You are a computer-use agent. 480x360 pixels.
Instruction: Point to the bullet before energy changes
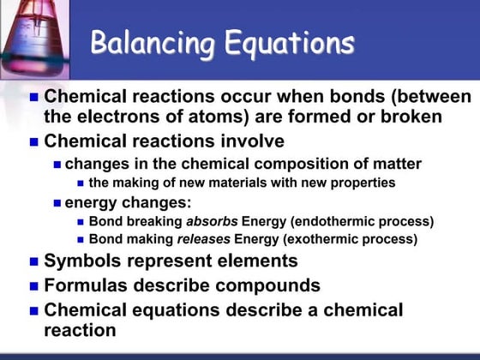(x=57, y=203)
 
